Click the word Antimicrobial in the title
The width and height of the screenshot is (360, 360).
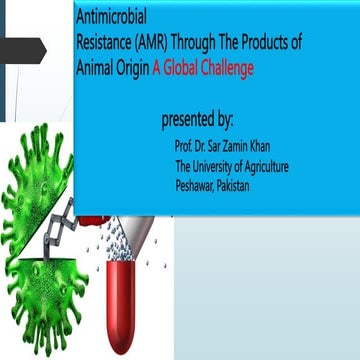tap(110, 20)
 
